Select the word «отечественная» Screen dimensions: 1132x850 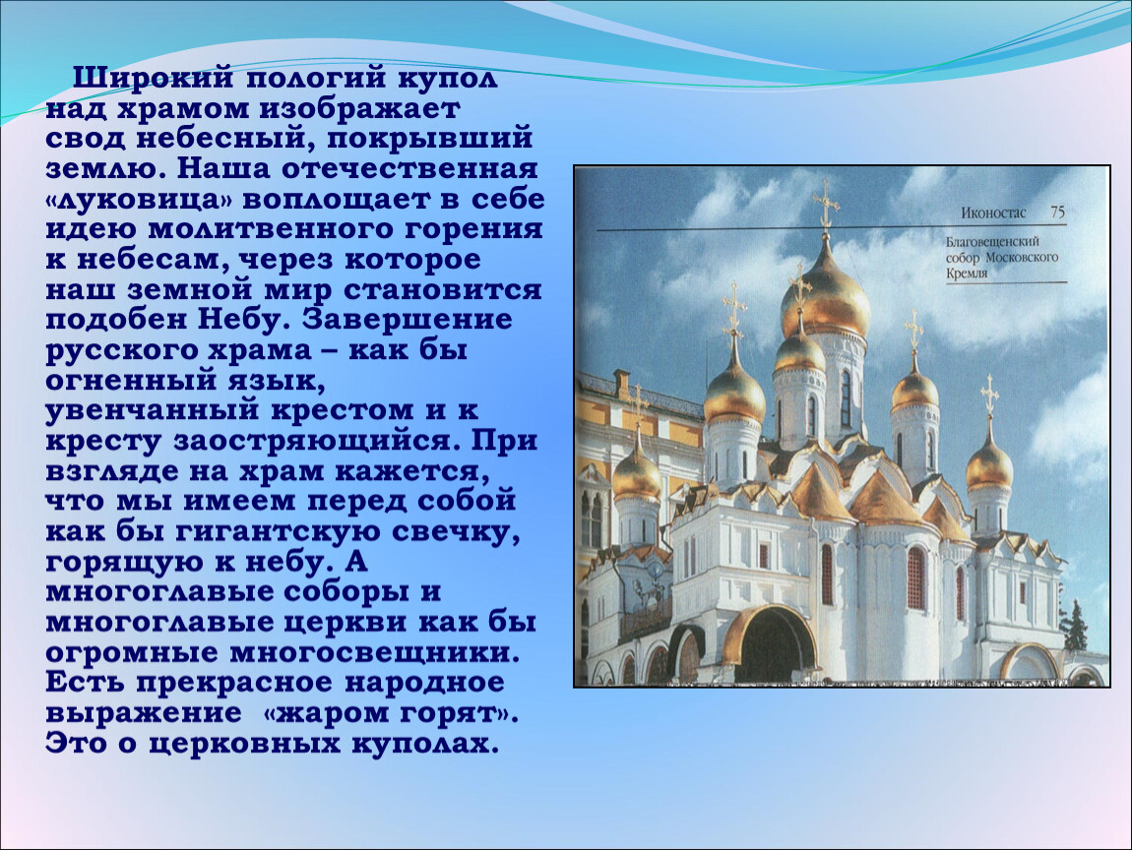[409, 169]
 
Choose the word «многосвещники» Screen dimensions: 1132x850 [375, 653]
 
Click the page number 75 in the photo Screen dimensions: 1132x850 [1057, 212]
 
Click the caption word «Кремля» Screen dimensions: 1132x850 [967, 273]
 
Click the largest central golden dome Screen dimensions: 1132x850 [825, 288]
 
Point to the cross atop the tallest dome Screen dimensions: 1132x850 [826, 205]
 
